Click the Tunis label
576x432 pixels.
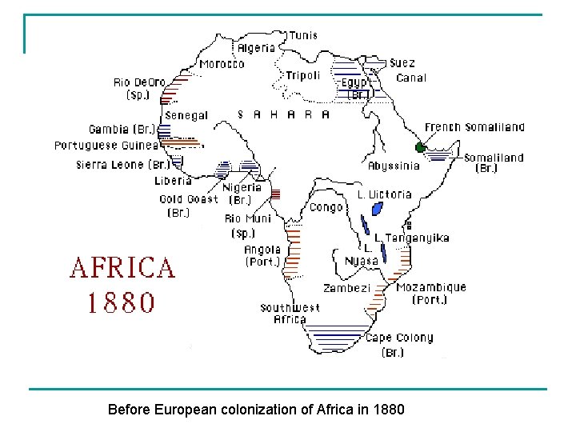coord(302,35)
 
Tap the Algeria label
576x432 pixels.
coord(256,48)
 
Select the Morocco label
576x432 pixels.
coord(222,64)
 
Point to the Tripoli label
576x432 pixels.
coord(303,76)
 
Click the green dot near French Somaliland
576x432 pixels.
coord(420,147)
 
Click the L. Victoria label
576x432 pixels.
coord(384,194)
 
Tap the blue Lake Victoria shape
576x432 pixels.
coord(376,210)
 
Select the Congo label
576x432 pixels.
coord(326,207)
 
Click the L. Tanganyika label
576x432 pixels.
coord(411,238)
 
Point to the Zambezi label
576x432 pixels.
coord(347,288)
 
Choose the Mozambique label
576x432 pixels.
coord(431,287)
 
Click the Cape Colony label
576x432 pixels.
coord(399,338)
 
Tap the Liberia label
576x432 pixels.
coord(173,181)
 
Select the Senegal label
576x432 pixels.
coord(186,115)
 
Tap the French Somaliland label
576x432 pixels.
coord(474,127)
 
